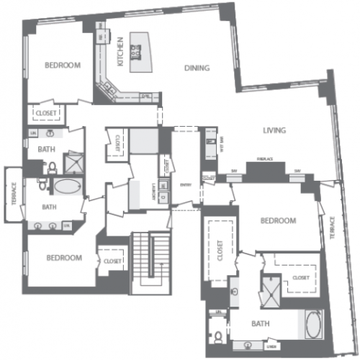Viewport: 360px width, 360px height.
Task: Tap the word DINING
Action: pos(197,68)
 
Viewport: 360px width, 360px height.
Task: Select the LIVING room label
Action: pos(275,130)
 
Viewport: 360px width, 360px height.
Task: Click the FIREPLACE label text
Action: pos(264,161)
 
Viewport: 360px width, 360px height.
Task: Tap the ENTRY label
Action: pos(185,185)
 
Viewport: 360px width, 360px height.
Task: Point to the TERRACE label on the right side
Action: pos(333,227)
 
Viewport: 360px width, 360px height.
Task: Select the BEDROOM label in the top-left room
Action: pos(63,66)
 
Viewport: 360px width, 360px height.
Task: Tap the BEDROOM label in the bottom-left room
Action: pos(63,258)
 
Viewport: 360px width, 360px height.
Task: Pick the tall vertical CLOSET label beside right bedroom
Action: pos(217,248)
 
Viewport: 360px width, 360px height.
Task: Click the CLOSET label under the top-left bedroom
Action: pos(47,113)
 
